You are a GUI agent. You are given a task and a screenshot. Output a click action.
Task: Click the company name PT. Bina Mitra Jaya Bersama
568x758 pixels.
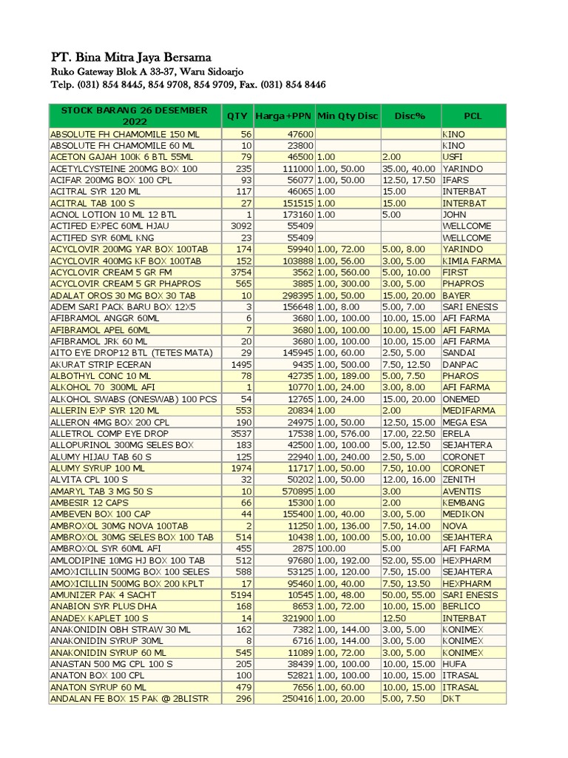131,57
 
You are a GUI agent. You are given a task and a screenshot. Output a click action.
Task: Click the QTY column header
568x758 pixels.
237,116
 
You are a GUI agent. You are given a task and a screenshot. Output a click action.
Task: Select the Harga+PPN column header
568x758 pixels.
283,116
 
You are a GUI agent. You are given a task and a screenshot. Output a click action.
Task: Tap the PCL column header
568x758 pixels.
473,116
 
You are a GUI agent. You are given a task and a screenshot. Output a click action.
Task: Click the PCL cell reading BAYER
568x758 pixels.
457,295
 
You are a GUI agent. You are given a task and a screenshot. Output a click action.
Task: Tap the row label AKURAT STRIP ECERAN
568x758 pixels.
101,364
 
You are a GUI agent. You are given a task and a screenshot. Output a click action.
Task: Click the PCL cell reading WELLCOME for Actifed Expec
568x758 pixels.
467,226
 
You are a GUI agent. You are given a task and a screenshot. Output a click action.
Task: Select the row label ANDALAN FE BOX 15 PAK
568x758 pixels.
129,698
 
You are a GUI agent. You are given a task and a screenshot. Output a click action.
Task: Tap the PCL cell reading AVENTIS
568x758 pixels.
461,491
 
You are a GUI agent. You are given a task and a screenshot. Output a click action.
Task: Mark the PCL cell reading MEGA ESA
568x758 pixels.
467,422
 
